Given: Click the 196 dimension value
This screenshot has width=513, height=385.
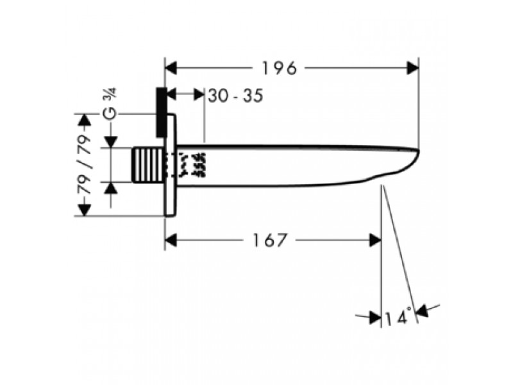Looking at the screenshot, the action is point(280,69).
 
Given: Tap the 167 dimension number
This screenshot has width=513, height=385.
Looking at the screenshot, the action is point(269,240).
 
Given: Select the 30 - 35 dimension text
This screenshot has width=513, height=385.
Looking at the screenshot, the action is point(235,96).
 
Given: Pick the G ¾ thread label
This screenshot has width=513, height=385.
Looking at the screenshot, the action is point(109,106).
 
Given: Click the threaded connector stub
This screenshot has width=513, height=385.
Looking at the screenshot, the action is point(147,165).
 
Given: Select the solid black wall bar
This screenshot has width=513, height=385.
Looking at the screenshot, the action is point(162,112).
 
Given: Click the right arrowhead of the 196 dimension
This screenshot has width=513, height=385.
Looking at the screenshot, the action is point(412,68).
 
